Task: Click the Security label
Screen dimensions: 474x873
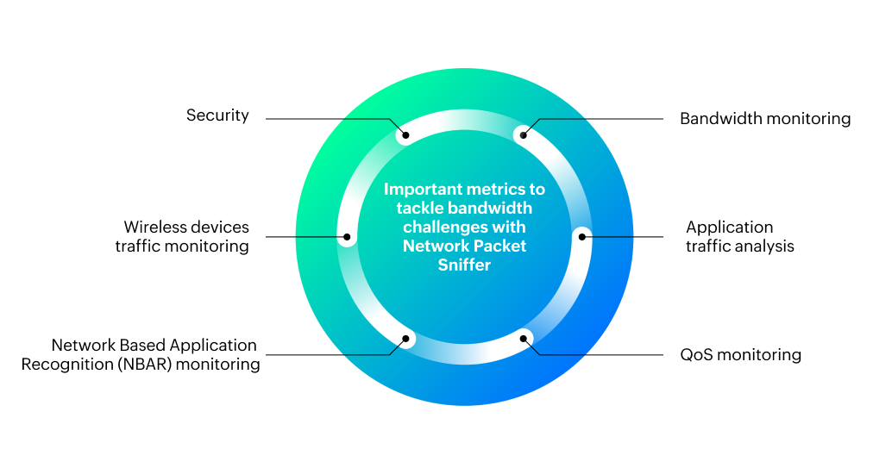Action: [x=217, y=115]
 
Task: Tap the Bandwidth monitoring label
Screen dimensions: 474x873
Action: [x=764, y=119]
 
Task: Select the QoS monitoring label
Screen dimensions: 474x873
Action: [x=740, y=355]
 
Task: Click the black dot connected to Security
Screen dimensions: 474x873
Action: [x=405, y=135]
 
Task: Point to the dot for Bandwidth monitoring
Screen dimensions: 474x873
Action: [x=523, y=135]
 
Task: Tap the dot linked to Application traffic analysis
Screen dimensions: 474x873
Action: [x=581, y=236]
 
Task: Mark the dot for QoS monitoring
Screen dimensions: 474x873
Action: [x=523, y=339]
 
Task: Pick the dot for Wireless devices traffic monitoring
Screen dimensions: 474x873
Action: [x=347, y=236]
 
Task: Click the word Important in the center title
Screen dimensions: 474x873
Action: [x=419, y=189]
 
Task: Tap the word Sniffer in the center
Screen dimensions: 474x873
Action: [x=464, y=265]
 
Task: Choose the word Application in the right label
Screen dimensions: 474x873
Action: [x=729, y=228]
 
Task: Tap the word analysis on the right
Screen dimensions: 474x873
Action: [x=765, y=246]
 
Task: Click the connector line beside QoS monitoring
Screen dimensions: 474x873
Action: [x=604, y=354]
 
